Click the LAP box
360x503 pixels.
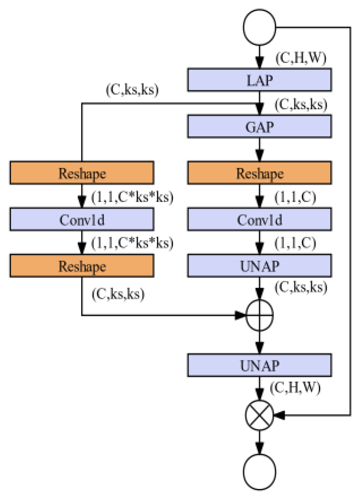click(259, 80)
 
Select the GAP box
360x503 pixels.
click(259, 127)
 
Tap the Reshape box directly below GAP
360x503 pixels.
click(259, 173)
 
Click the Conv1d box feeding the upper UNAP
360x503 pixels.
click(259, 219)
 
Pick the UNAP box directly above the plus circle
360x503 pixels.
click(259, 266)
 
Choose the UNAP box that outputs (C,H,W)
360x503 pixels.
click(259, 365)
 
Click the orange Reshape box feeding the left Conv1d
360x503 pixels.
click(82, 173)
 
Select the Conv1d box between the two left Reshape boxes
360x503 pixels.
click(82, 219)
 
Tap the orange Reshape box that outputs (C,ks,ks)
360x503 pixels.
click(82, 266)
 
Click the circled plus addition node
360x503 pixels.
click(259, 315)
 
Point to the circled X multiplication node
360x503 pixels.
click(259, 415)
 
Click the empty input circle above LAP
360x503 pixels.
click(259, 27)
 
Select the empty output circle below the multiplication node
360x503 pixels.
click(259, 472)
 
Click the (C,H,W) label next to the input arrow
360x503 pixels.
click(301, 58)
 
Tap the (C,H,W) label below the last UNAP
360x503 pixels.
click(295, 388)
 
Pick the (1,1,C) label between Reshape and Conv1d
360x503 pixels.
click(295, 197)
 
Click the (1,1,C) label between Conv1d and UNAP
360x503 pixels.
click(295, 243)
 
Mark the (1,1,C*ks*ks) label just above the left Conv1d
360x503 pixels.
click(132, 197)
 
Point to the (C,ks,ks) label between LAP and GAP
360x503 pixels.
click(301, 104)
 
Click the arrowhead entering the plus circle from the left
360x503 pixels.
click(240, 315)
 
